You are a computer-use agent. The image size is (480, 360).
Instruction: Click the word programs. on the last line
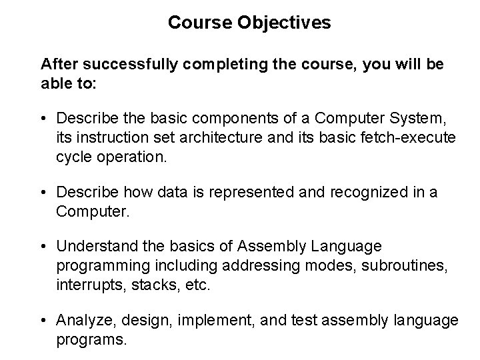[91, 339]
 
